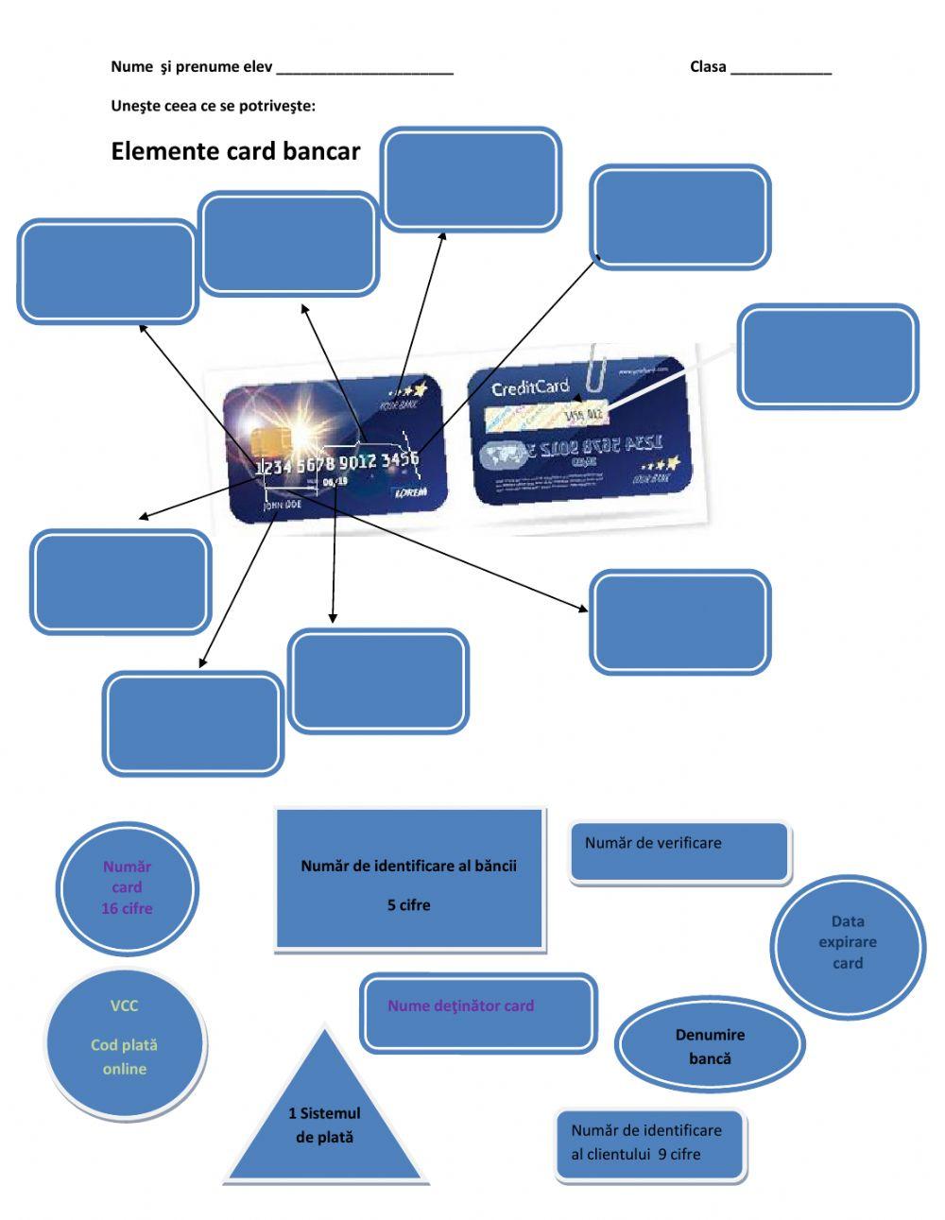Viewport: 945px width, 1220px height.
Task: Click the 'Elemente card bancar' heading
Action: pyautogui.click(x=235, y=151)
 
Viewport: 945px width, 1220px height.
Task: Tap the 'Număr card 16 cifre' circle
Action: pyautogui.click(x=127, y=887)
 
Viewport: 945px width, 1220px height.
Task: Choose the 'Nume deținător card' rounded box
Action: pyautogui.click(x=478, y=1012)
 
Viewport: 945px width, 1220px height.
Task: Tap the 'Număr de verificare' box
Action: pyautogui.click(x=679, y=851)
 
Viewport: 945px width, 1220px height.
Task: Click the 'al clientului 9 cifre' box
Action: pyautogui.click(x=650, y=1144)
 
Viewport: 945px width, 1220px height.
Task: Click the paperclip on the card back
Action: pyautogui.click(x=596, y=369)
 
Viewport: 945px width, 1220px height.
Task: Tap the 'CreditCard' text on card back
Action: pyautogui.click(x=530, y=387)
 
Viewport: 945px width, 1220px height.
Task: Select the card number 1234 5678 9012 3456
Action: pyautogui.click(x=336, y=462)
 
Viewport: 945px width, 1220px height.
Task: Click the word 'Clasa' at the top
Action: pyautogui.click(x=708, y=66)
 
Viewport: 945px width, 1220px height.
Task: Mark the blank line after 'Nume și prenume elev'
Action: pyautogui.click(x=365, y=70)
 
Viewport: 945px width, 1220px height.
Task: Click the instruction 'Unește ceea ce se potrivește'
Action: pyautogui.click(x=213, y=106)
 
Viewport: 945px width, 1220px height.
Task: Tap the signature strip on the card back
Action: pyautogui.click(x=543, y=417)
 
